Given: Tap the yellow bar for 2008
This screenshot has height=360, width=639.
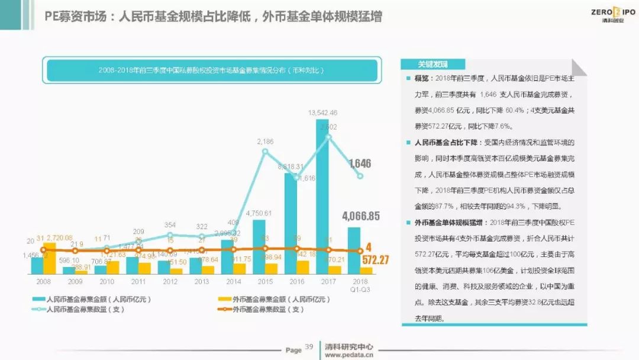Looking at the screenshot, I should (x=50, y=258).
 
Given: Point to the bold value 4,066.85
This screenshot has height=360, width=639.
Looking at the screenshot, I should (x=361, y=216).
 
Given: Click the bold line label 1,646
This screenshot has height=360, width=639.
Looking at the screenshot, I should (x=360, y=163).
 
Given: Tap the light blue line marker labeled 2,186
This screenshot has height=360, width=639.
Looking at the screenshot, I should (x=265, y=152).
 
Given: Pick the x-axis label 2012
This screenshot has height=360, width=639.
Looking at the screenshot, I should (x=170, y=282).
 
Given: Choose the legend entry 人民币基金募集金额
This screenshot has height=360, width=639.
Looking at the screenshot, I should (x=92, y=300).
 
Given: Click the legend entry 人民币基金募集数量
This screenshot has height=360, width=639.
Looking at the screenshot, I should (x=92, y=309).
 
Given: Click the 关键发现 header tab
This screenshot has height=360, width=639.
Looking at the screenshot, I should (x=433, y=65).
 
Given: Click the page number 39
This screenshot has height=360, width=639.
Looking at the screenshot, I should (x=309, y=346).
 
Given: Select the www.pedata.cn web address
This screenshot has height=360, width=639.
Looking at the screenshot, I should (x=349, y=355).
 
